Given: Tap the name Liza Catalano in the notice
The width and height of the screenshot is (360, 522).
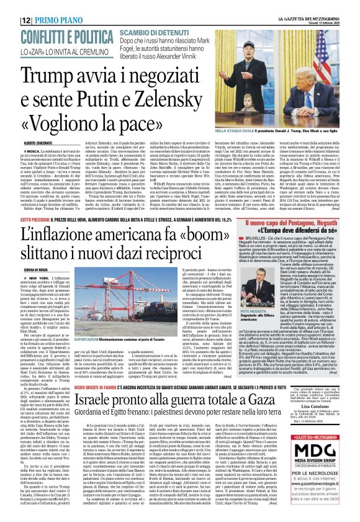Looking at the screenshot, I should coord(317,451).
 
